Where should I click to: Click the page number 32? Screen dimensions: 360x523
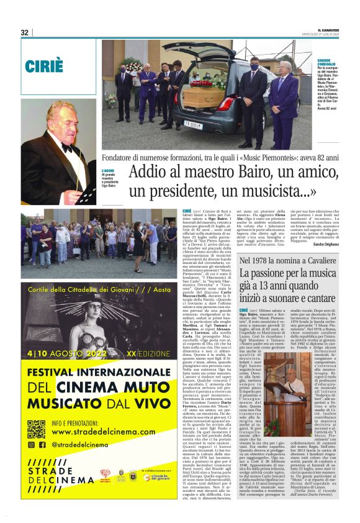pos(25,33)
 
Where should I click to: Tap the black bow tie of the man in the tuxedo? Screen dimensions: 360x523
pos(66,148)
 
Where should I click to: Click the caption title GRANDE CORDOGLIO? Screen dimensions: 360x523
pos(310,62)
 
